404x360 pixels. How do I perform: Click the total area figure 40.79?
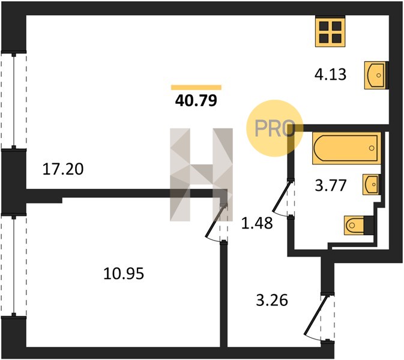coord(196,101)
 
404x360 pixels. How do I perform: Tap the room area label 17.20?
coord(63,169)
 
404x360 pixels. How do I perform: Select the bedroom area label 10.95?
coord(124,274)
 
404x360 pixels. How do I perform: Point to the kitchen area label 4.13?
coord(331,74)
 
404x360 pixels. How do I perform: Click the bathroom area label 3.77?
coord(331,185)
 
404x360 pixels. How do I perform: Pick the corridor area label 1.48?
coord(257,223)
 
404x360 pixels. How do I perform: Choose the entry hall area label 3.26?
coord(272,300)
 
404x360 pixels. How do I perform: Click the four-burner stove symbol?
coord(330,32)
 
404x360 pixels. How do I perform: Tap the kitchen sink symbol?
coord(376,75)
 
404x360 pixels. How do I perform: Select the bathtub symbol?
coord(346,148)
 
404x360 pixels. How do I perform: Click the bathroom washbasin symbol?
coord(371,184)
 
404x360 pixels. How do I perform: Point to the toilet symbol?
coord(359,226)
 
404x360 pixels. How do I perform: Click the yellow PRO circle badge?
coord(274,128)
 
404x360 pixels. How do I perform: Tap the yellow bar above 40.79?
coord(196,88)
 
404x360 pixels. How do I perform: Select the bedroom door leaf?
coord(215,221)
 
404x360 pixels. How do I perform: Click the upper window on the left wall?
coord(14,101)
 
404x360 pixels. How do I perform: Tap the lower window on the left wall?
coord(14,266)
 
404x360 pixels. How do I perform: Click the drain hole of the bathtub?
coord(372,148)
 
